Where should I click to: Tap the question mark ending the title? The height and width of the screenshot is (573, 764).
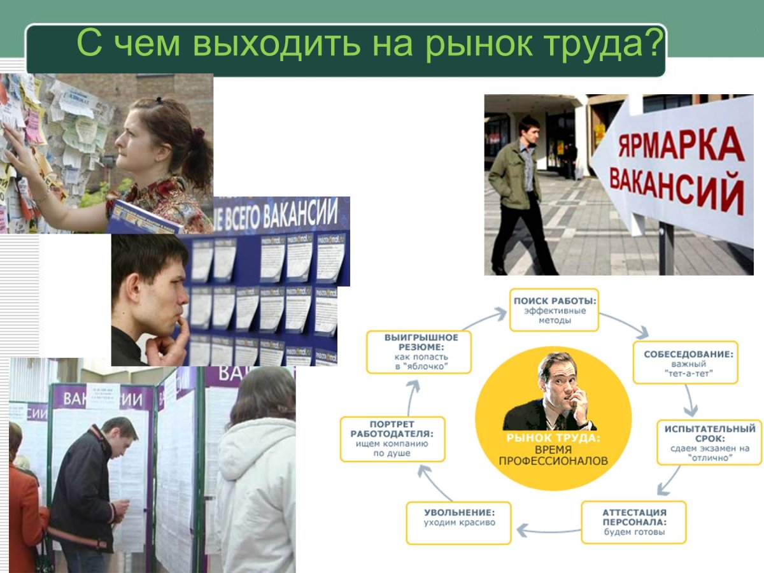tap(651, 44)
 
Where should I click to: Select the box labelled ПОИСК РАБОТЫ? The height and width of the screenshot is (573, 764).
tap(554, 309)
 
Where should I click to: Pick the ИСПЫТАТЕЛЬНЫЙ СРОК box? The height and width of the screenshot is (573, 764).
tap(709, 442)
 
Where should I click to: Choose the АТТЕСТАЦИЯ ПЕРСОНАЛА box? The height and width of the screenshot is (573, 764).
tap(633, 521)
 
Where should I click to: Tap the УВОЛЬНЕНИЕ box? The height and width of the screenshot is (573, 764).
tap(458, 522)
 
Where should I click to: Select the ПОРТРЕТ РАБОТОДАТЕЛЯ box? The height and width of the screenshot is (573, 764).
tap(392, 439)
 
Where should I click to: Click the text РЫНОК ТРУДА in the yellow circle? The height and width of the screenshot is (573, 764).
tap(553, 438)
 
